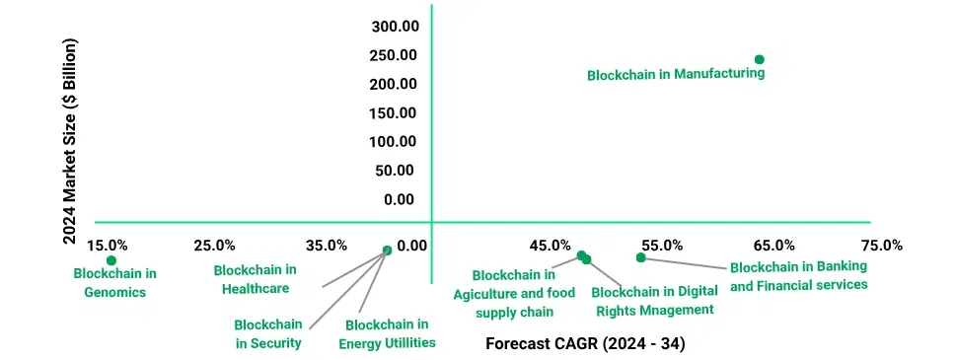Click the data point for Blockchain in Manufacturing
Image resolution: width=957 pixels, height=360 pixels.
759,59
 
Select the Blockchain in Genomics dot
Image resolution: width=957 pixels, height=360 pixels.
111,260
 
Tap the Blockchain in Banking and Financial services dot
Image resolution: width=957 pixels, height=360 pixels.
640,257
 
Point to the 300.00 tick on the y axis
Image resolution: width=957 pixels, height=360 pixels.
393,26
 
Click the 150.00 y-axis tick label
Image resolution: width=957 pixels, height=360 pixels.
393,112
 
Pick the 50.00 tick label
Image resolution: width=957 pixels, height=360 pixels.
397,171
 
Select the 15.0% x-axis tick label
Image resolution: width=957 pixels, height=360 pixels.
107,246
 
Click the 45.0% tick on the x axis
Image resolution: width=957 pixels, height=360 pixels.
550,246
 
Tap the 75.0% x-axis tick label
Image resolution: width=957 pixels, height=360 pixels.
881,246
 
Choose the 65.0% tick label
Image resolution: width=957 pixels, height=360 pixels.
774,246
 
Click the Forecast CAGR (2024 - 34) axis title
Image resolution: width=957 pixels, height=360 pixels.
585,344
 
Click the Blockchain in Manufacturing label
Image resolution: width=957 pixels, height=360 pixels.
676,74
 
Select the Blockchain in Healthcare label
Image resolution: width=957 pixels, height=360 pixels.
255,279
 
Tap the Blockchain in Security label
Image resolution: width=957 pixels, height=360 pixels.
268,333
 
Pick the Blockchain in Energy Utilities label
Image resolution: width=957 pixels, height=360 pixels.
387,333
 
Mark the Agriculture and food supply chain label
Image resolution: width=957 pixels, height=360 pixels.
514,293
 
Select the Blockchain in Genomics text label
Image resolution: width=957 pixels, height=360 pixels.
115,282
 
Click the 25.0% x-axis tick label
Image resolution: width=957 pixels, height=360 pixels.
214,246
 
